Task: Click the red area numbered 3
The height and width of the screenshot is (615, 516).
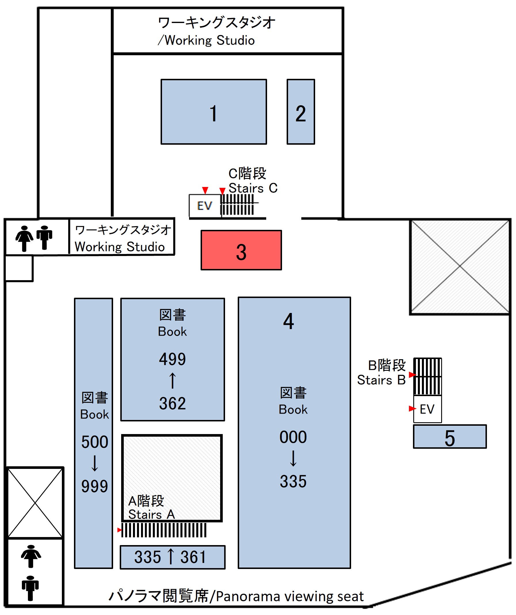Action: coord(241,250)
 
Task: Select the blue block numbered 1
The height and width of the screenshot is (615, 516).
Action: coord(214,112)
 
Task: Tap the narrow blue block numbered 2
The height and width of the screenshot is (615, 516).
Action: coord(301,112)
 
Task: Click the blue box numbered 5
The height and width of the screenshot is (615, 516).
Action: coord(450,437)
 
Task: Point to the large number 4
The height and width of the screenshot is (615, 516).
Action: coord(288,321)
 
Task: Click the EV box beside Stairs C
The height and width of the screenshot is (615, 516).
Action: coord(205,206)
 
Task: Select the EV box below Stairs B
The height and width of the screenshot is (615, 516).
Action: coord(427,409)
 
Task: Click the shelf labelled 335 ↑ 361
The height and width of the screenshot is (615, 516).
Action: coord(172,557)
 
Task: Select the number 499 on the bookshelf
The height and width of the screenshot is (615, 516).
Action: coord(172,359)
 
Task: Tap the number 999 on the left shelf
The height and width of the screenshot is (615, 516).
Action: coord(94,486)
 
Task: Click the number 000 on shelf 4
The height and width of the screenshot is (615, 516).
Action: coord(293,437)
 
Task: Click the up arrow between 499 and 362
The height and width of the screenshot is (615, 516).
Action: coord(172,381)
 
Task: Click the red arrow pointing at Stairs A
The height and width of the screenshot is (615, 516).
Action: coord(119,530)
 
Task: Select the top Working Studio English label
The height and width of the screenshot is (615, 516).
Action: coord(209,40)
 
